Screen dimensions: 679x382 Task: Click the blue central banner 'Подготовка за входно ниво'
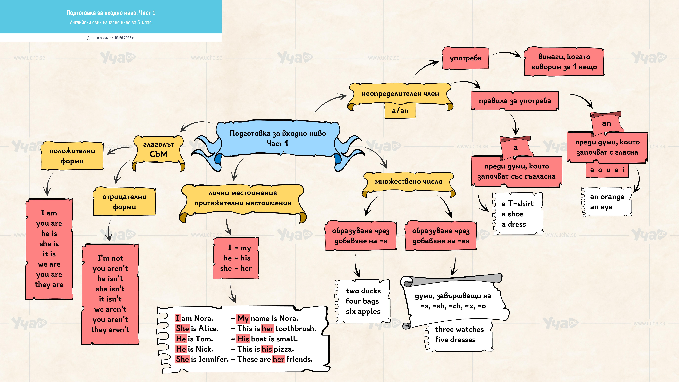pos(278,138)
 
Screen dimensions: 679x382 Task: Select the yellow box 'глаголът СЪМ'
pos(158,149)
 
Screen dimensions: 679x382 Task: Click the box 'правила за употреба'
pos(515,101)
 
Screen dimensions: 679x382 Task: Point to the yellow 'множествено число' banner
pos(409,182)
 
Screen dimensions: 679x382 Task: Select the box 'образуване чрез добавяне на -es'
pos(441,236)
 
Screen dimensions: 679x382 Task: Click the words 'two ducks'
pos(363,291)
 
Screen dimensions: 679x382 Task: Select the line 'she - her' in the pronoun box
pos(236,268)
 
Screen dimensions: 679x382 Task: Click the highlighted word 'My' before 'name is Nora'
pos(243,318)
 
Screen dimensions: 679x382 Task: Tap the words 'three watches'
pos(459,330)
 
